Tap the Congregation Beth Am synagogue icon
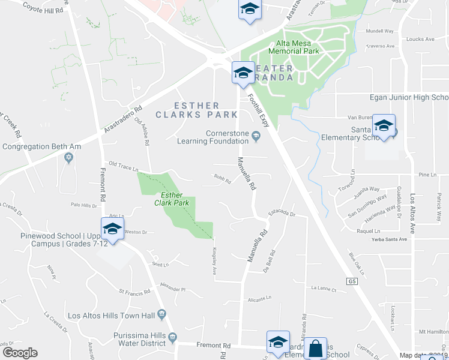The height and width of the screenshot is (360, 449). (68, 157)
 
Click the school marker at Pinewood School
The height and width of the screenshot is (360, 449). (112, 229)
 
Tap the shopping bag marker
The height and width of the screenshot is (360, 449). (315, 349)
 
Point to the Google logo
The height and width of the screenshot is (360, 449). (20, 353)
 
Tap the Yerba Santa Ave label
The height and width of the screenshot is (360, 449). (390, 239)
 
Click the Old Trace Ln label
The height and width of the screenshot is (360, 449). (124, 164)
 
